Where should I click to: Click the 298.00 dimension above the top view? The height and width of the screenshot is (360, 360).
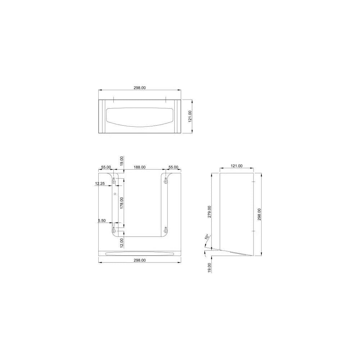(139, 87)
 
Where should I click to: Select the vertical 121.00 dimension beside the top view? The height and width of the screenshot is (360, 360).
(190, 117)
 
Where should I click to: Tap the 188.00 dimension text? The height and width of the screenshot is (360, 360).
(140, 167)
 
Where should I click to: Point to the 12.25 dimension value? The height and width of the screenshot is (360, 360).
(100, 184)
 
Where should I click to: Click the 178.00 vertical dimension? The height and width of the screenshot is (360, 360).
(122, 203)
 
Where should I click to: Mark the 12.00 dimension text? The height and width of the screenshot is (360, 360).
(122, 242)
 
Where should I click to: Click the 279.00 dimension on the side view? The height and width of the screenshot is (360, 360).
(209, 212)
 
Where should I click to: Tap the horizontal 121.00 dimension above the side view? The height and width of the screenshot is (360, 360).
(236, 166)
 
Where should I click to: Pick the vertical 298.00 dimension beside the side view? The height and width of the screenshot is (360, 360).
(259, 214)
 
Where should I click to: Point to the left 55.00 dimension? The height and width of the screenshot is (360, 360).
(106, 167)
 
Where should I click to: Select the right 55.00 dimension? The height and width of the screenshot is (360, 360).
(173, 167)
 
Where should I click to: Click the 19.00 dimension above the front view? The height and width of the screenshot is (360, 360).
(122, 161)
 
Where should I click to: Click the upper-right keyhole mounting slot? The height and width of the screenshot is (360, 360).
(166, 180)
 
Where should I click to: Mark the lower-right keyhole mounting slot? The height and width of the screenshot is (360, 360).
(166, 230)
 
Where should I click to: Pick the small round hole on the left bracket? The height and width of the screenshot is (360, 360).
(114, 194)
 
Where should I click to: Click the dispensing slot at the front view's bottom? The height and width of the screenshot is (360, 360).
(139, 253)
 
